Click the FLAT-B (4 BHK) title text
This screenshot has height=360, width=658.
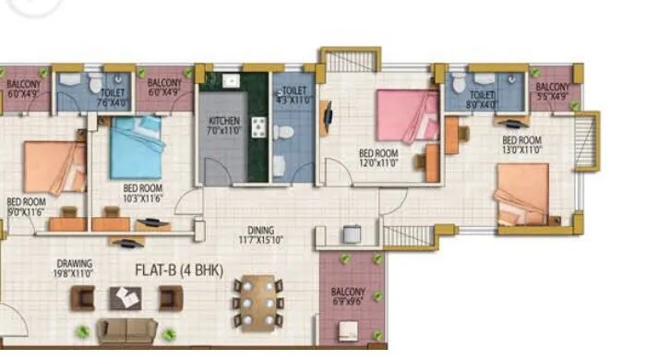[177, 271]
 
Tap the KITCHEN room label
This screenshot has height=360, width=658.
[224, 126]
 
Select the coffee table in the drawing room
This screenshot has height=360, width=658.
[126, 297]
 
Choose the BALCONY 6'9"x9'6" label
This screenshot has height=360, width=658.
[348, 296]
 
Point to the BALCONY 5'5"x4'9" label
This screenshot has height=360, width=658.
[553, 90]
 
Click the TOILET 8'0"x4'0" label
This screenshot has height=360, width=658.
[482, 100]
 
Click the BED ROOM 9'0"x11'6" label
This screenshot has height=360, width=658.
[26, 206]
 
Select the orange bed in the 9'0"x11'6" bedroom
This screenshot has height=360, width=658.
[54, 166]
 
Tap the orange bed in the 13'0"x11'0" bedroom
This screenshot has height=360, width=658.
[522, 195]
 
